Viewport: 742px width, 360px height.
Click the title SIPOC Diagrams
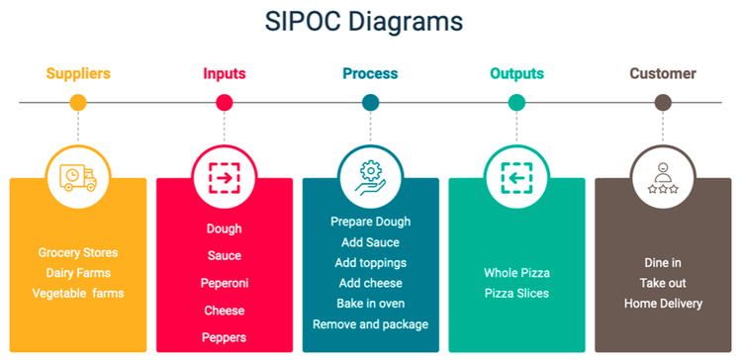pyautogui.click(x=364, y=21)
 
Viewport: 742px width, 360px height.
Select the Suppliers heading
pyautogui.click(x=78, y=73)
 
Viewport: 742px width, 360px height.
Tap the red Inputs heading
pyautogui.click(x=225, y=73)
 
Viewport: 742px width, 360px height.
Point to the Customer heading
pyautogui.click(x=663, y=73)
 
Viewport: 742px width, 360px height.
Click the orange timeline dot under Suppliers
pyautogui.click(x=78, y=102)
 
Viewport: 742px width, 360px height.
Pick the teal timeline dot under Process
pyautogui.click(x=371, y=102)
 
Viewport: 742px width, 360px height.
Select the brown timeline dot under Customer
pyautogui.click(x=663, y=102)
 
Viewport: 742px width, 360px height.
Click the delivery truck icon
pyautogui.click(x=78, y=177)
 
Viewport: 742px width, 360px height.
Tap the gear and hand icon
pyautogui.click(x=371, y=177)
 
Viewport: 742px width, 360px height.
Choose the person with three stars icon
pyautogui.click(x=663, y=177)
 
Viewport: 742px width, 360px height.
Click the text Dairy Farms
pyautogui.click(x=78, y=273)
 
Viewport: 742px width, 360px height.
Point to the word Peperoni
pyautogui.click(x=224, y=283)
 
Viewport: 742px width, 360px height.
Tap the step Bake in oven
pyautogui.click(x=370, y=304)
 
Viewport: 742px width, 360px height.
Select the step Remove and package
pyautogui.click(x=370, y=324)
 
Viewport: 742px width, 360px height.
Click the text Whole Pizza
pyautogui.click(x=516, y=273)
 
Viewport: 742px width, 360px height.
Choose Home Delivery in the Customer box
pyautogui.click(x=663, y=304)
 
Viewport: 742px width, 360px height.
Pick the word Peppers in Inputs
pyautogui.click(x=224, y=337)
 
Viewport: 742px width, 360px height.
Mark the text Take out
pyautogui.click(x=663, y=283)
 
